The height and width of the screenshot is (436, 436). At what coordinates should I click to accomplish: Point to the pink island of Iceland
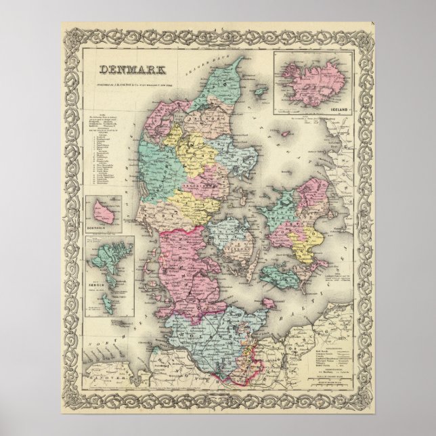(x=311, y=80)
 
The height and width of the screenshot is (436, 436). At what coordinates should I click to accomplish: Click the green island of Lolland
(x=277, y=278)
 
